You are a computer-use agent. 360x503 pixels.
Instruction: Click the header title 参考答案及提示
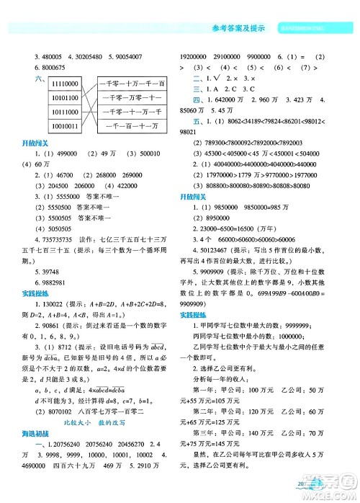pyautogui.click(x=238, y=29)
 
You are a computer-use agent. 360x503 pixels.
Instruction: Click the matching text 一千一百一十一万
pyautogui.click(x=132, y=127)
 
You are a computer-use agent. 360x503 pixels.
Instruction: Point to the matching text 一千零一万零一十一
pyautogui.click(x=132, y=99)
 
